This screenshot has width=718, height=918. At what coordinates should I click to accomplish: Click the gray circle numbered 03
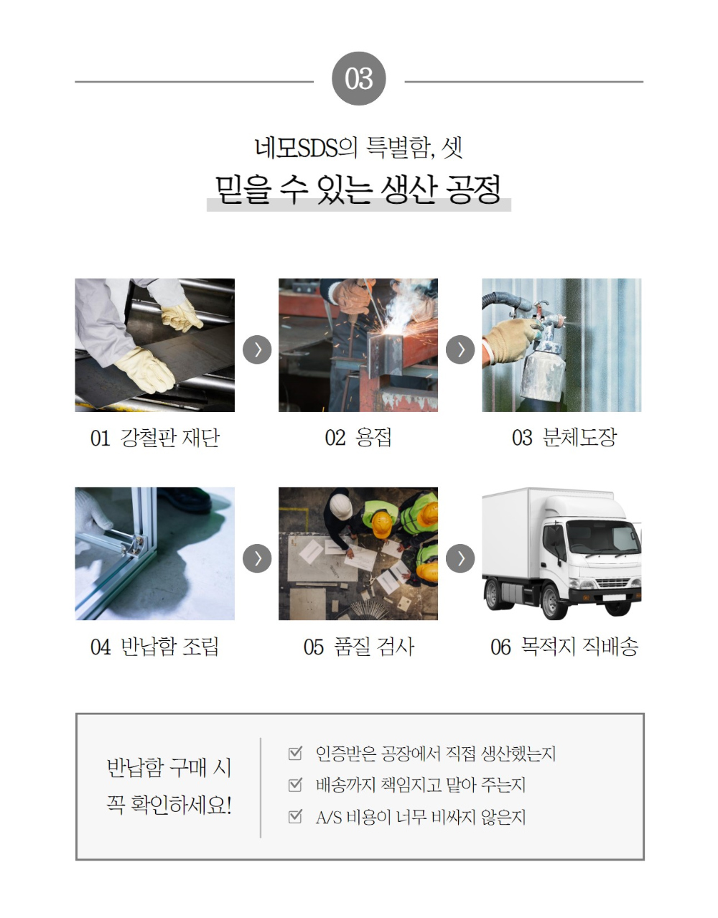(x=359, y=78)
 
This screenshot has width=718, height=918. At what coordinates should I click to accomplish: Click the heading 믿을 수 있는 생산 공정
(x=358, y=189)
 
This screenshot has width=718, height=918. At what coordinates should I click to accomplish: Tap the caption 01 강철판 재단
(x=154, y=438)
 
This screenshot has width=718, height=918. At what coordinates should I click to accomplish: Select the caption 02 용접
(x=358, y=438)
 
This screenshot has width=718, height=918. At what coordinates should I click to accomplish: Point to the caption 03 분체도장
(x=564, y=438)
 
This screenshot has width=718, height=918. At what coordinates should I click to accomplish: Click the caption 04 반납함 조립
(x=154, y=647)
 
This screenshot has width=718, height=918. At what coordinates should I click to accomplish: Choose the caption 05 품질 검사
(x=358, y=647)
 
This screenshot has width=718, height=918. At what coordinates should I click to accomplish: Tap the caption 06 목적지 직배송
(x=564, y=647)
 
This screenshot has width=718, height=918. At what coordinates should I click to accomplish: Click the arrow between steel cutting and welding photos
(x=257, y=350)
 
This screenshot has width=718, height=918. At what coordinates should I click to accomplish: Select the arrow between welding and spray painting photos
(x=460, y=350)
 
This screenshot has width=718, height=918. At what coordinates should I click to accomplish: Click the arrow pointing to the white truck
(x=460, y=558)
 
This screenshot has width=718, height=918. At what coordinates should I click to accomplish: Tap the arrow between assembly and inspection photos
(x=257, y=558)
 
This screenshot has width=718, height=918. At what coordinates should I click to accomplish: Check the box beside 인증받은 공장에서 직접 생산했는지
(x=295, y=753)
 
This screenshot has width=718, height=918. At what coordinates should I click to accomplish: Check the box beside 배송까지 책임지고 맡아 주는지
(x=295, y=784)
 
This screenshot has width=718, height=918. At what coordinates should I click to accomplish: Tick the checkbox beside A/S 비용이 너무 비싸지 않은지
(x=295, y=816)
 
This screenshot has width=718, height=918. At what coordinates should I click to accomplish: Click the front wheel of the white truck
(x=553, y=602)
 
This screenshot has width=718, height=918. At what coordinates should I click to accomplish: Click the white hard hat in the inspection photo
(x=340, y=507)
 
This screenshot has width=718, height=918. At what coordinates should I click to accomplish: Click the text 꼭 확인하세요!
(x=169, y=805)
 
